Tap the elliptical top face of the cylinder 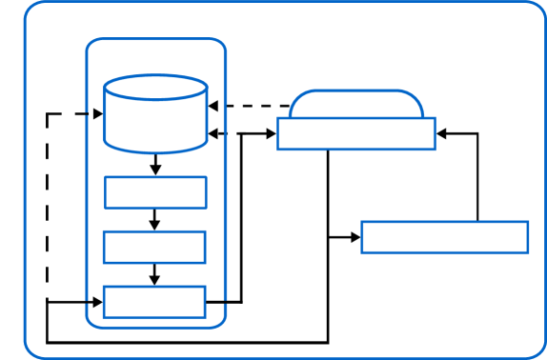tap(155, 88)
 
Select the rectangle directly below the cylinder tap(155, 192)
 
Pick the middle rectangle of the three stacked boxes tap(154, 247)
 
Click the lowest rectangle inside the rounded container tap(154, 302)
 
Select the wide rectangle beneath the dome tap(356, 133)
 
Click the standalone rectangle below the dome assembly tap(444, 237)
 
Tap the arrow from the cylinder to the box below tap(155, 164)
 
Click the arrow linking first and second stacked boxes tap(154, 219)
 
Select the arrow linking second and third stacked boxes tap(154, 274)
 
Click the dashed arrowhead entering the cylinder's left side tap(97, 114)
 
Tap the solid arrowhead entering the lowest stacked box tap(97, 302)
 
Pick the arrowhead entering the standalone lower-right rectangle tap(355, 237)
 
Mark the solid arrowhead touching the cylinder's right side tap(213, 134)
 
